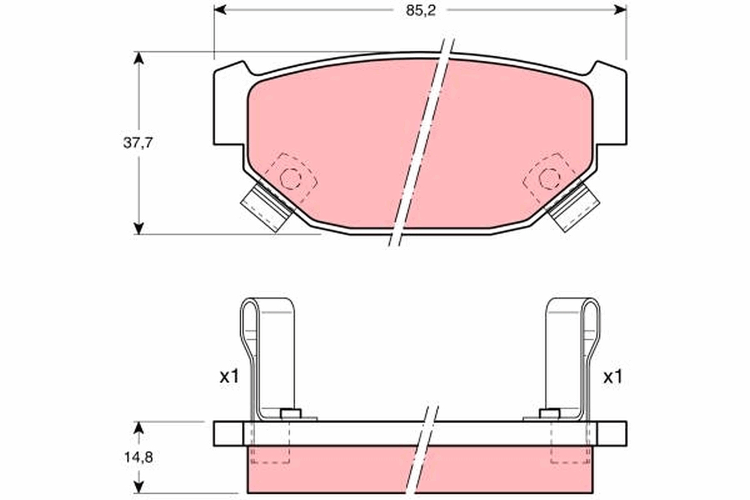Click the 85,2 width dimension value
click(421, 11)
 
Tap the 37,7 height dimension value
click(138, 143)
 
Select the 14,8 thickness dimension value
click(139, 457)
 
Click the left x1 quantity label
click(229, 377)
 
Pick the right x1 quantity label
click(612, 377)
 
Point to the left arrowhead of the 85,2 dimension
click(220, 10)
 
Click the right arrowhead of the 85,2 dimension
click(620, 10)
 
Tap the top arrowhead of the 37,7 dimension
click(139, 58)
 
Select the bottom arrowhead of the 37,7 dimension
click(139, 228)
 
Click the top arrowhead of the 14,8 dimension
click(139, 428)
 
